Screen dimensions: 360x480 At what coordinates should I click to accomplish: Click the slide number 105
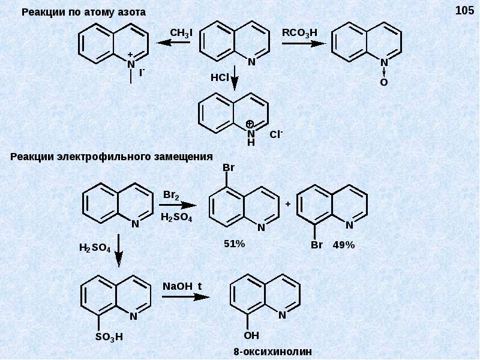coord(464,10)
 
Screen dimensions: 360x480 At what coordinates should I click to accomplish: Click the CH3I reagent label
coord(181,33)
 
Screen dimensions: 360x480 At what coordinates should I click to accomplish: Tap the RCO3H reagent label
coord(299,33)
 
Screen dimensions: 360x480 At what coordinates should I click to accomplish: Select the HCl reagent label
coord(220,78)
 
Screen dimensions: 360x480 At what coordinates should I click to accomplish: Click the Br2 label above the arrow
coord(172,196)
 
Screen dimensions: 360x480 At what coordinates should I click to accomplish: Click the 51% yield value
coord(233,244)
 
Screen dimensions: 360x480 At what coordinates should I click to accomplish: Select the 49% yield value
coord(344,245)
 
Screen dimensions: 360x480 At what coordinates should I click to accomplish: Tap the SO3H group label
coord(109,337)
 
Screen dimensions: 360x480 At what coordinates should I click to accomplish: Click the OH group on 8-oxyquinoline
coord(252,335)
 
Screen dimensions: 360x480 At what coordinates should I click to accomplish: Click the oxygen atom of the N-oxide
coord(383,82)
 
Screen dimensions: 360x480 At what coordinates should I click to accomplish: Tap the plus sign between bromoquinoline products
coord(288,204)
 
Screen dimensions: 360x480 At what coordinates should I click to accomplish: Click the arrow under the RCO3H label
coord(303,43)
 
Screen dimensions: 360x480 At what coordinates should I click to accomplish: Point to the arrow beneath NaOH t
coord(185,296)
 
